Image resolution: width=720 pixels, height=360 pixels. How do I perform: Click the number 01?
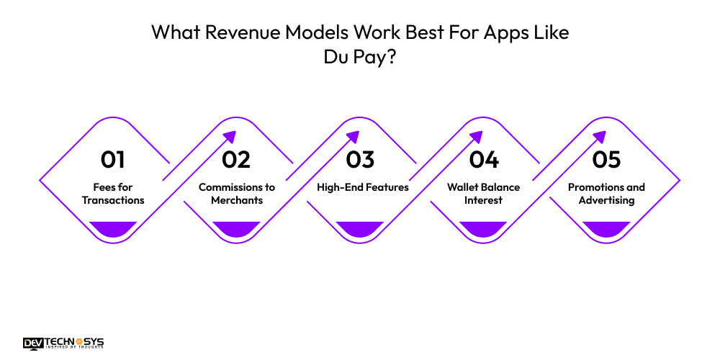click(113, 158)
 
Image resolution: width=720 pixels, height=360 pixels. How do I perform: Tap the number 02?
click(236, 158)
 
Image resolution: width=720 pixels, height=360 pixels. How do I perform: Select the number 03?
click(360, 158)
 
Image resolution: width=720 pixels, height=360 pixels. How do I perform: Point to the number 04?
click(483, 158)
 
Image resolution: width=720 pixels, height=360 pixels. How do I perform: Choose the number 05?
click(606, 158)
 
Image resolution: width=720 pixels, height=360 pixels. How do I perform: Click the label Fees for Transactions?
click(113, 194)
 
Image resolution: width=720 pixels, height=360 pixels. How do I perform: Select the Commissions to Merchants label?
click(236, 194)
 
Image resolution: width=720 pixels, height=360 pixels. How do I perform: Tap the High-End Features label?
click(363, 187)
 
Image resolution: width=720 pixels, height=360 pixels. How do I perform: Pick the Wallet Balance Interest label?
click(483, 194)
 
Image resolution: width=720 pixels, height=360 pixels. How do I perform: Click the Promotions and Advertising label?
click(606, 194)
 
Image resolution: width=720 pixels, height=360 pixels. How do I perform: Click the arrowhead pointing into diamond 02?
click(230, 136)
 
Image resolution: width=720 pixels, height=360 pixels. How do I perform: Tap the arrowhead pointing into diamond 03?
click(354, 136)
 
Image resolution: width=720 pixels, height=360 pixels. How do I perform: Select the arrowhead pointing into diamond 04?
click(477, 136)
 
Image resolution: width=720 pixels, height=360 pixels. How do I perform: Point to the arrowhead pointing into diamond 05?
click(600, 136)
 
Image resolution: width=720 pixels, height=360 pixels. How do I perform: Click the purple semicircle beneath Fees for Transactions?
click(113, 228)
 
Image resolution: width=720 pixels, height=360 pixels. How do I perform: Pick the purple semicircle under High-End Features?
click(360, 228)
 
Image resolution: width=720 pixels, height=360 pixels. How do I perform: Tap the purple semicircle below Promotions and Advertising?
click(606, 228)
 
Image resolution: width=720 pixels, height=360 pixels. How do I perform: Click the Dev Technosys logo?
click(63, 343)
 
